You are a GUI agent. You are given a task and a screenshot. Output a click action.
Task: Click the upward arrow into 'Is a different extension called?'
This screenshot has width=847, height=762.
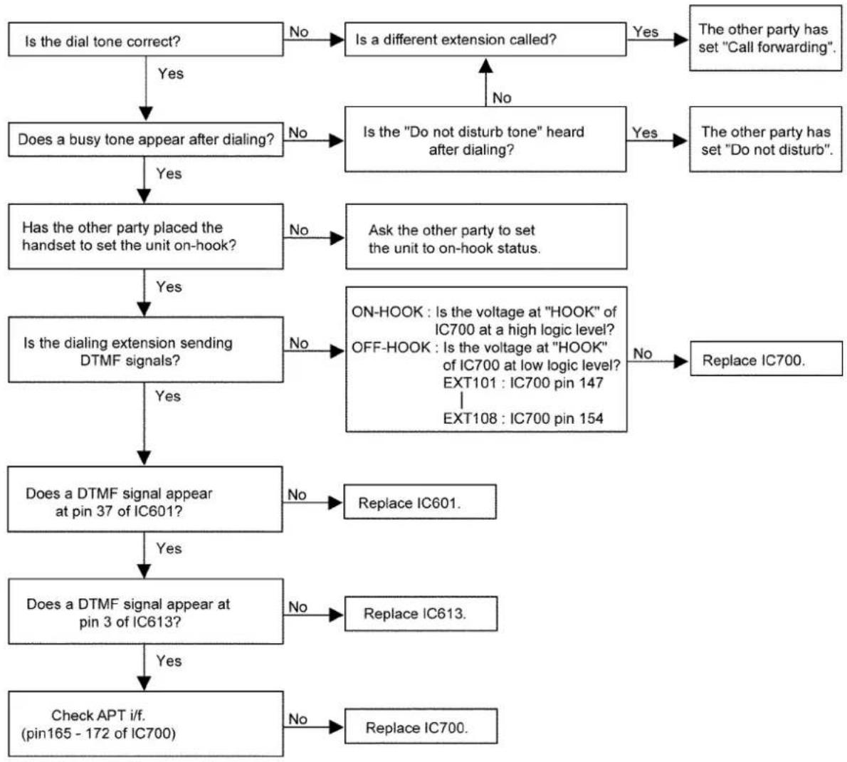[485, 82]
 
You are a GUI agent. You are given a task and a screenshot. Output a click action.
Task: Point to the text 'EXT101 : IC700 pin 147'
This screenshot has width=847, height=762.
[523, 382]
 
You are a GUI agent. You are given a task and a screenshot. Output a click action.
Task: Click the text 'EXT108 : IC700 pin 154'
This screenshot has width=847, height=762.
[523, 418]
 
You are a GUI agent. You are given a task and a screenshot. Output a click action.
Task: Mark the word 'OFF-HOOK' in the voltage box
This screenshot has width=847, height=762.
[391, 347]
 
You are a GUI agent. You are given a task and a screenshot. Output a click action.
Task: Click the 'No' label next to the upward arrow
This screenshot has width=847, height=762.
[502, 98]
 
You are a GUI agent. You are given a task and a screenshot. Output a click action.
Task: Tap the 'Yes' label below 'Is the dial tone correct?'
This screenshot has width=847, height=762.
[171, 73]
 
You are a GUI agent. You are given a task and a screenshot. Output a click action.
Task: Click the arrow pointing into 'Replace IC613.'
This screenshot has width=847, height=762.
[313, 615]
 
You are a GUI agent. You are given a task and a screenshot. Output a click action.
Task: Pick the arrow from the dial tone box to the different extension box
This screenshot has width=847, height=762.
[314, 39]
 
